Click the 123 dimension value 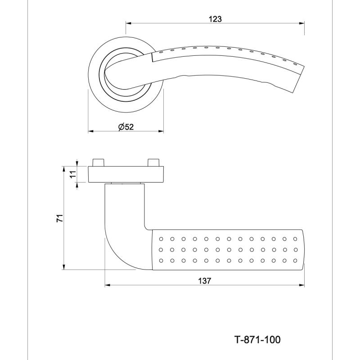pos(215,19)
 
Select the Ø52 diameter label pos(126,127)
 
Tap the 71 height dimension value pos(60,218)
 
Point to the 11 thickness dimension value pos(73,174)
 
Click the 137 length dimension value pos(205,280)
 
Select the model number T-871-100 pos(257,340)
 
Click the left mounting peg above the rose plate pos(99,162)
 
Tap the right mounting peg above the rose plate pos(153,162)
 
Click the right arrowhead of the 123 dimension pos(302,23)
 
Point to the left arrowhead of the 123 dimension pos(129,23)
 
